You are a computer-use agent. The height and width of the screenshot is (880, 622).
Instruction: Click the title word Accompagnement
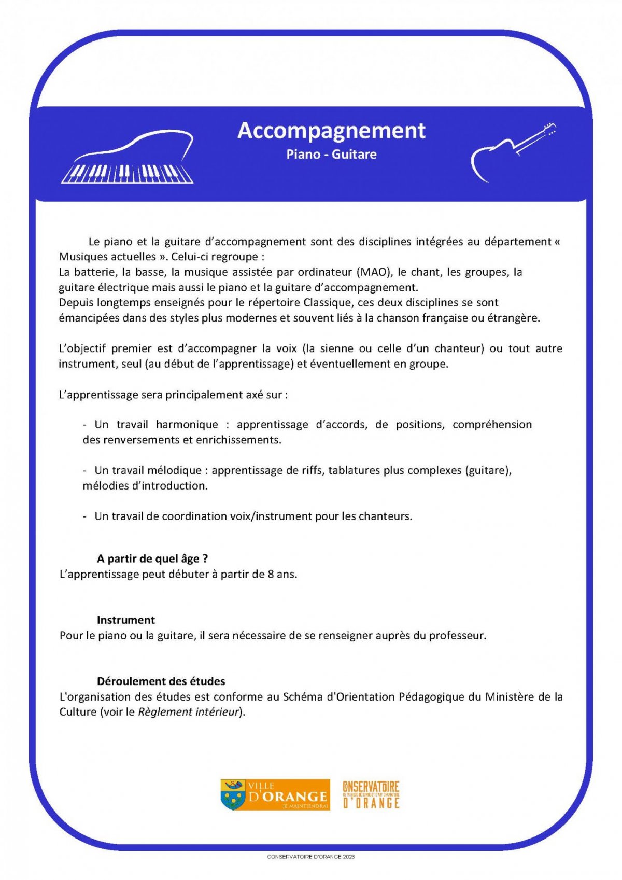click(x=331, y=131)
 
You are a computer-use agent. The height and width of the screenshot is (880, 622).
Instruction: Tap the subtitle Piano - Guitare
click(x=331, y=154)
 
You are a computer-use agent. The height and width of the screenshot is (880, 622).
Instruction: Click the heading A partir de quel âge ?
click(x=152, y=558)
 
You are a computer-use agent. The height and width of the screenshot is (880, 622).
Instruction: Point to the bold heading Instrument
click(x=125, y=620)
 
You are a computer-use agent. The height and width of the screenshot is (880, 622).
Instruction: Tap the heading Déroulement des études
click(x=161, y=681)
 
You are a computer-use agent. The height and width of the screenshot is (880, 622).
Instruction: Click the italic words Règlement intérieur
click(x=188, y=712)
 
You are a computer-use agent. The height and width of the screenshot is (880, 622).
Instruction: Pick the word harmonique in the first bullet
click(x=187, y=425)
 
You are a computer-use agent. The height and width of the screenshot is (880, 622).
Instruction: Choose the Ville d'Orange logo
click(x=275, y=794)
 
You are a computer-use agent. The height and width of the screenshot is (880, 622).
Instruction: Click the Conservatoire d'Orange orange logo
click(x=371, y=794)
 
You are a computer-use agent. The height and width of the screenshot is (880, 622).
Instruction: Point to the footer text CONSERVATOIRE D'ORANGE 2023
click(x=310, y=857)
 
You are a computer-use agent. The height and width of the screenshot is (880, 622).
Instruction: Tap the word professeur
click(x=456, y=635)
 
